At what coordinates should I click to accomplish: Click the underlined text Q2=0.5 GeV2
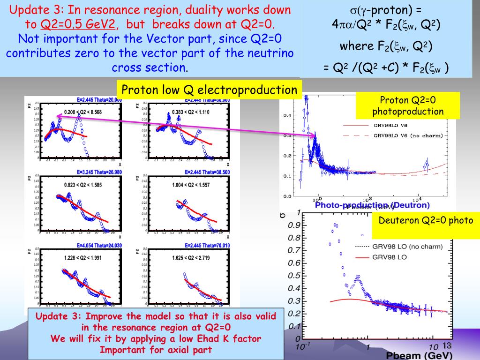tap(78, 24)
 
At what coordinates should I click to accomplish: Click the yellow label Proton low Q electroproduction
tap(209, 90)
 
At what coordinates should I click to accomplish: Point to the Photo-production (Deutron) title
tap(372, 205)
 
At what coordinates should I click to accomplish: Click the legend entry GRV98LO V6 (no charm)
tap(407, 136)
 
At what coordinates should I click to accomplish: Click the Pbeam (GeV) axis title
tap(420, 355)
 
